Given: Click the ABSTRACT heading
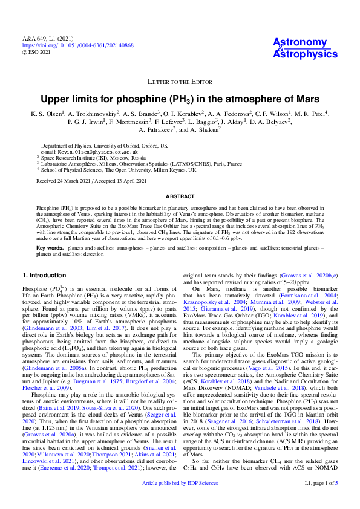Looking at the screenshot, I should pos(180,197).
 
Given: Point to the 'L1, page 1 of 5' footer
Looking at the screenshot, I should pos(321,501).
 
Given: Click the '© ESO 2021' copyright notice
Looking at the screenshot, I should pos(36,52).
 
